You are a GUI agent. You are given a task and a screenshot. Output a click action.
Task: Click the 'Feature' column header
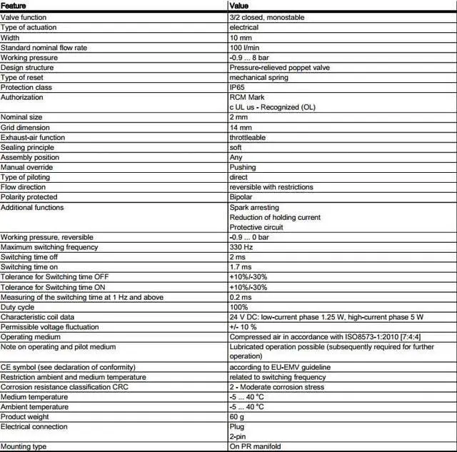(x=14, y=6)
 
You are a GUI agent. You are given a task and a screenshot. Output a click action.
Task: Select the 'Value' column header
(x=239, y=6)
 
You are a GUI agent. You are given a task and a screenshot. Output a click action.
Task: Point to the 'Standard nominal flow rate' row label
(x=45, y=47)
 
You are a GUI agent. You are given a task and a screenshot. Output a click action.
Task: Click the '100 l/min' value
(x=245, y=47)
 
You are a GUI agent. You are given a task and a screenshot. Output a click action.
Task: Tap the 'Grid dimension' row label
(x=25, y=127)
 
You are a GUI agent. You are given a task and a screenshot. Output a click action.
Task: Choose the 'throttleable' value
(x=248, y=137)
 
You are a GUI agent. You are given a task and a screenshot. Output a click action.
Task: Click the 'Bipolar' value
(x=241, y=197)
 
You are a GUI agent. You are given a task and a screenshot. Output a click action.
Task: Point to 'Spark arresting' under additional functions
(x=253, y=207)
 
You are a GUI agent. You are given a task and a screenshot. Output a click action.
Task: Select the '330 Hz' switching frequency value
(x=241, y=247)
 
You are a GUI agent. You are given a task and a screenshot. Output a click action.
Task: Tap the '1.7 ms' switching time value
(x=241, y=267)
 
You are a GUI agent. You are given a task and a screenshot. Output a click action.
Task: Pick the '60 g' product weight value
(x=237, y=417)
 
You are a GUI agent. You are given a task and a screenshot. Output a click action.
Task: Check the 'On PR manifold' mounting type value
(x=255, y=446)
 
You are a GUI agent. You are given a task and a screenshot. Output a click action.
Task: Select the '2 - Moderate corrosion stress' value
(x=277, y=387)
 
